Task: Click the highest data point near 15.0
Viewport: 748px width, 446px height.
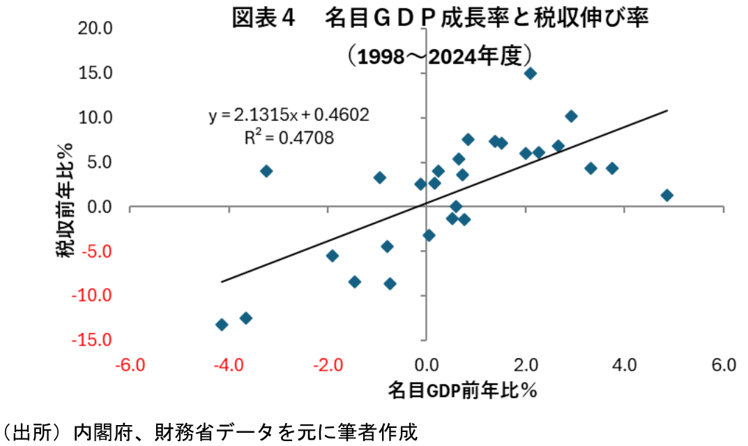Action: pos(531,73)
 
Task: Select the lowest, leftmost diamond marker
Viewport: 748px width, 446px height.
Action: pos(222,325)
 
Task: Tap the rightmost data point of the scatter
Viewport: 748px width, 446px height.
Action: pos(667,195)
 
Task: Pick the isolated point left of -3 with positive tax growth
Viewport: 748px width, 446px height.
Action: pos(266,171)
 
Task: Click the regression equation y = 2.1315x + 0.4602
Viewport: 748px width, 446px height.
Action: pos(289,114)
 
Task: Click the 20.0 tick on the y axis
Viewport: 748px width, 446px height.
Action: pos(98,29)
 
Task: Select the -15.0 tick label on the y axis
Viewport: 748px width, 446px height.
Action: pos(96,341)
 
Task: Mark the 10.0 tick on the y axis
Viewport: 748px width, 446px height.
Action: pos(98,117)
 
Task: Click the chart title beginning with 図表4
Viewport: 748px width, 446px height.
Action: pos(440,18)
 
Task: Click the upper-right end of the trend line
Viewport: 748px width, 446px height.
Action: pos(668,110)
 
